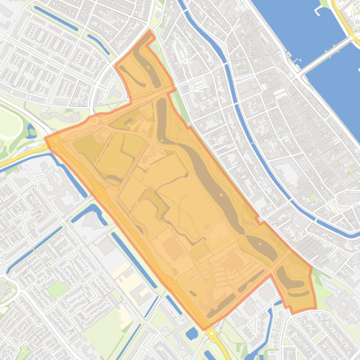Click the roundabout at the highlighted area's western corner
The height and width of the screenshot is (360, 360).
coord(56,140)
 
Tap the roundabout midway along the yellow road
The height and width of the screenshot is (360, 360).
coord(100,191)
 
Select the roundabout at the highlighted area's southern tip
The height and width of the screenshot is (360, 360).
coord(212,333)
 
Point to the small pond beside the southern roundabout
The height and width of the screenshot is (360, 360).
coord(192,334)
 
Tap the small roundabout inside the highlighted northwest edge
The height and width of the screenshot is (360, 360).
coord(94,121)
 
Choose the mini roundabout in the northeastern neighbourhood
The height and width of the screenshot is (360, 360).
coord(186,61)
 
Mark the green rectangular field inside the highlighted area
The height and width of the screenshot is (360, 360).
coord(200,252)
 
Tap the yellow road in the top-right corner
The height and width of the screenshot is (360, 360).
coord(346,19)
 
